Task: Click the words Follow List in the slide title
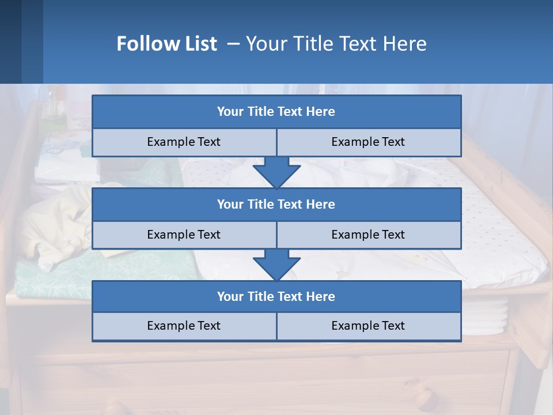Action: [x=166, y=44]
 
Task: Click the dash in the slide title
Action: [x=233, y=44]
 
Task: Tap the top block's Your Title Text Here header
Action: [x=276, y=112]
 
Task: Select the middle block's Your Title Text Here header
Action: [x=276, y=204]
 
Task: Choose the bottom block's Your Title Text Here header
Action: [x=276, y=296]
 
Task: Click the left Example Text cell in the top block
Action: [x=184, y=142]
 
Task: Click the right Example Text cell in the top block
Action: [x=368, y=142]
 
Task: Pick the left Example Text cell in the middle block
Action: [x=184, y=235]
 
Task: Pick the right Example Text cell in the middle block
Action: [x=368, y=235]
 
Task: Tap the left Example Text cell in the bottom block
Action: [x=184, y=326]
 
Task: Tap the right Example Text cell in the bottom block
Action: [x=368, y=326]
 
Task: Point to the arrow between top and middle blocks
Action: [x=276, y=172]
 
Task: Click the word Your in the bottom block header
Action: [x=229, y=296]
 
